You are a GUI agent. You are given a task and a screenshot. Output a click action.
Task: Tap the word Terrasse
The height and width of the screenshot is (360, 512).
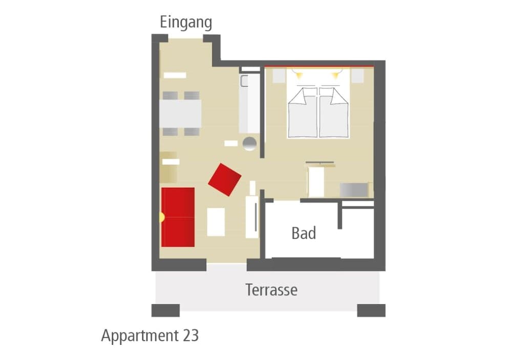[271, 290]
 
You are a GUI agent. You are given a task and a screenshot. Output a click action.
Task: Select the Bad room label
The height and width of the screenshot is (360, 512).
[304, 233]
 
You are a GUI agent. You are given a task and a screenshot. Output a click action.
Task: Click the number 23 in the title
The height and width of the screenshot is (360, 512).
[190, 335]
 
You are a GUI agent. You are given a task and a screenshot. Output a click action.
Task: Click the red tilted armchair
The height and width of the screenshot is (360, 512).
[225, 180]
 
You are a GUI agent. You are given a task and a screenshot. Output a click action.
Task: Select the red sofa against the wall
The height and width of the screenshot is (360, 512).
[178, 217]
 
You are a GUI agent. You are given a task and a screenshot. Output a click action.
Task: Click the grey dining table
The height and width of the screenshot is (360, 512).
[180, 114]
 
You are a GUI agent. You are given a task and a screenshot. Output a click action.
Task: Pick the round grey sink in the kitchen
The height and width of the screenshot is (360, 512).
[249, 144]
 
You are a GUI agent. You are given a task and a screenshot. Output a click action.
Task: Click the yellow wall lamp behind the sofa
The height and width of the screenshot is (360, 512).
[162, 217]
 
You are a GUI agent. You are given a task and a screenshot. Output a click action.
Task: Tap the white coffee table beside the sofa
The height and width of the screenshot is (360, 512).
[216, 222]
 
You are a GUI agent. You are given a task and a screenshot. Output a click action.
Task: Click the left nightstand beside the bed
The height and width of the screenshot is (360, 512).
[279, 76]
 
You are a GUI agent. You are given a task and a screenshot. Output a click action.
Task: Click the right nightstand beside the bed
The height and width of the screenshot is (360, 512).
[357, 76]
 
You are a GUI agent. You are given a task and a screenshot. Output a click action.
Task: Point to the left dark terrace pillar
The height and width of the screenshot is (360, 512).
[165, 310]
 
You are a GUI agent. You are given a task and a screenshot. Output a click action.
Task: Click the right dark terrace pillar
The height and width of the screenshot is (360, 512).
[371, 310]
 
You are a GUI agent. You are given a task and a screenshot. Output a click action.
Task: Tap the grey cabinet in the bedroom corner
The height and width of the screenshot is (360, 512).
[354, 190]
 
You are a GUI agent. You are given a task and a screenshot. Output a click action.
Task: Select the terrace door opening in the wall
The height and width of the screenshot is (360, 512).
[227, 265]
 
